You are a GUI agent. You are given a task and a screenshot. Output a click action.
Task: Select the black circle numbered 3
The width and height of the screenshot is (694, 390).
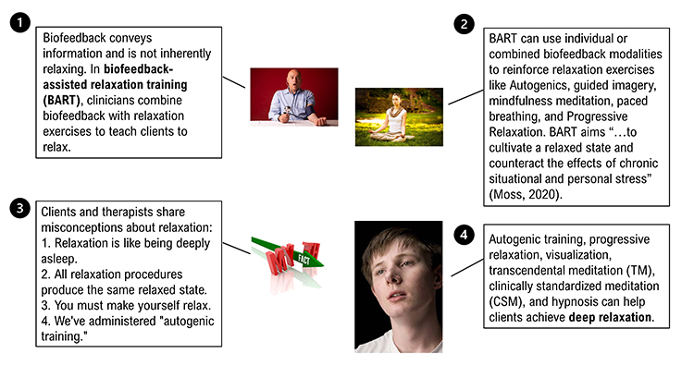[18, 208]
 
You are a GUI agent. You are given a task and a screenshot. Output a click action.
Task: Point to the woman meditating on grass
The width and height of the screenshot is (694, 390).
[399, 116]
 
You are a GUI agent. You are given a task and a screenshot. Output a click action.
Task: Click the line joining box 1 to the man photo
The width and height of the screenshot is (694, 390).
[237, 81]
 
